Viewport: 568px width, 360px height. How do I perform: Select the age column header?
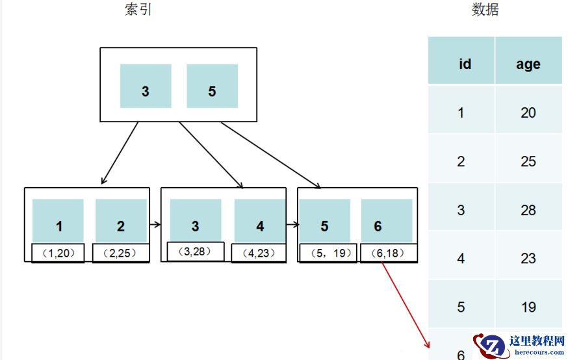528,64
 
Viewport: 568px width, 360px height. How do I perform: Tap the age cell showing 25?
528,161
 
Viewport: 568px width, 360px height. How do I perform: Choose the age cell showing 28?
528,210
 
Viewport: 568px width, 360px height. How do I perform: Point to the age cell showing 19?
528,307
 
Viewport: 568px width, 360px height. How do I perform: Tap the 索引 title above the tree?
138,10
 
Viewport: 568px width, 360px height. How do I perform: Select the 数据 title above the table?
485,10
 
